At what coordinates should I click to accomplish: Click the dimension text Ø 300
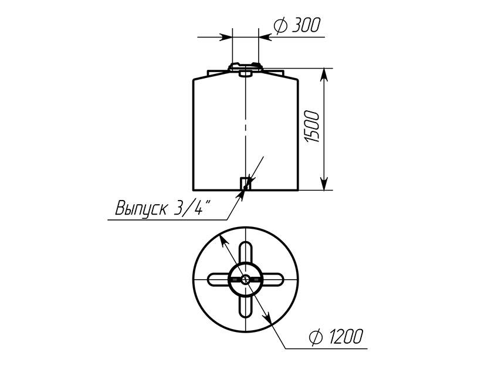297,25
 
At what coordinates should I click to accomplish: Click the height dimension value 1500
313,127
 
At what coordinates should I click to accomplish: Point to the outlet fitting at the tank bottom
245,184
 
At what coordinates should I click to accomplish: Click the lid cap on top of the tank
246,67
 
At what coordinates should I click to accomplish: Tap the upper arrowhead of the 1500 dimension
324,74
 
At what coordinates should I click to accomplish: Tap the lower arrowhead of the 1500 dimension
324,183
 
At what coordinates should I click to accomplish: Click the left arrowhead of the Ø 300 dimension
226,37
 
